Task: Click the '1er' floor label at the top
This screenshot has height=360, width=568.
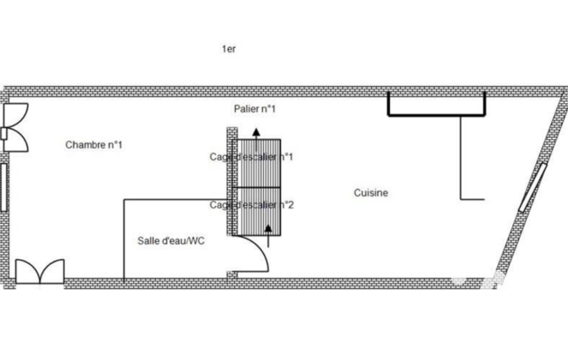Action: click(229, 49)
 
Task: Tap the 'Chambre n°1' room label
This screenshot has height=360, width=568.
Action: click(94, 145)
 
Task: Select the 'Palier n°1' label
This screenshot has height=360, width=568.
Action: click(254, 109)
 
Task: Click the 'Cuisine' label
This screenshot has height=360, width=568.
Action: click(371, 193)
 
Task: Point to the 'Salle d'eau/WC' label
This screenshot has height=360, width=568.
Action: click(171, 241)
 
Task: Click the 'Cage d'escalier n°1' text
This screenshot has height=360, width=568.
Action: click(251, 157)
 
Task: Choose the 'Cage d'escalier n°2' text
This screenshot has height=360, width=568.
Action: click(252, 205)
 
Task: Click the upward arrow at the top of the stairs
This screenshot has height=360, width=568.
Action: click(256, 133)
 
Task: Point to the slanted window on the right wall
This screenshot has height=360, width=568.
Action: click(533, 188)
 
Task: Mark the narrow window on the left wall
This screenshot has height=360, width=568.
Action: click(3, 187)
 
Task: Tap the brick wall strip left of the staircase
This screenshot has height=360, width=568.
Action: click(232, 181)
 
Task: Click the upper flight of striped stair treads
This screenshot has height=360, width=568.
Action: click(259, 164)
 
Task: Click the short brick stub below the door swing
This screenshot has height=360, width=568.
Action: click(232, 275)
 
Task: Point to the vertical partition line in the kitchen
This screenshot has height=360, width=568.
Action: click(461, 158)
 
